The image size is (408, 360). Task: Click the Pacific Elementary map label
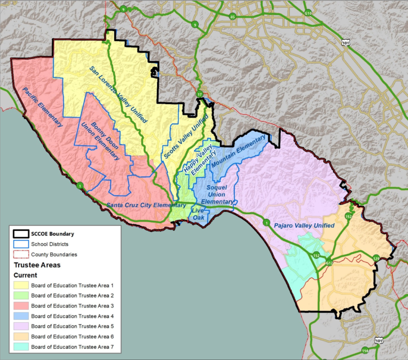pos(42,107)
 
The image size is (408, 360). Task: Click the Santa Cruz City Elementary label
pos(146,205)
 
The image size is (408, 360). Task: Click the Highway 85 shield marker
pos(233,17)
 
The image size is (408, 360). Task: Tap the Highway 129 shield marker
pos(376,258)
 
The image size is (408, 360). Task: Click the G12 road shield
pos(329,263)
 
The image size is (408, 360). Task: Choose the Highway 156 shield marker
pos(365,350)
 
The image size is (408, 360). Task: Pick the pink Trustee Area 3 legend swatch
pos(21,306)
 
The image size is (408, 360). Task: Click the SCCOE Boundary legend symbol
pos(21,234)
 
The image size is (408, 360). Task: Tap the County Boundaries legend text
pos(54,254)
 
